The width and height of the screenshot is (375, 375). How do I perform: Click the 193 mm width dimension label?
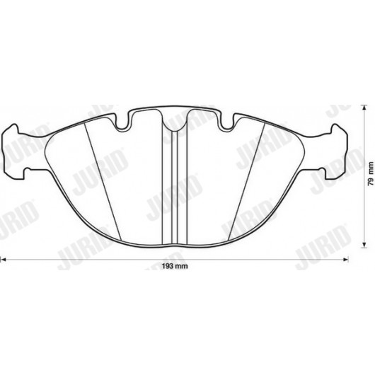(x=175, y=266)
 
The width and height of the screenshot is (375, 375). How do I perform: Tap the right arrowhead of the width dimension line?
(x=346, y=259)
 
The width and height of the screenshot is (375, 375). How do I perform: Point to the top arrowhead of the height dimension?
(x=364, y=108)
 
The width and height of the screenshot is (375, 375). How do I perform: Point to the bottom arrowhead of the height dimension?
(x=364, y=245)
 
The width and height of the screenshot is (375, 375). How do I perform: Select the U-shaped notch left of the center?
(x=122, y=122)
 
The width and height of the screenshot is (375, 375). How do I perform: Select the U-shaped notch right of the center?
(x=227, y=122)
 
